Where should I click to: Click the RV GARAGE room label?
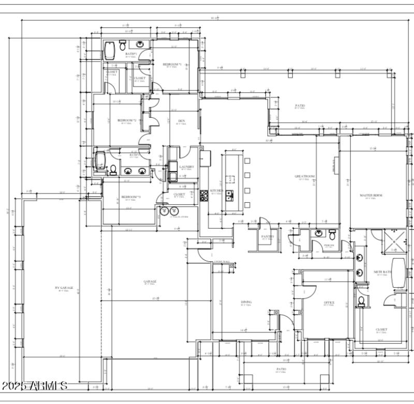click(64, 287)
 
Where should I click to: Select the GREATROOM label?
click(305, 176)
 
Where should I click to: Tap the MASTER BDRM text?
click(370, 196)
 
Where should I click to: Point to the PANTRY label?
click(268, 236)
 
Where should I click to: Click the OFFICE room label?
click(329, 302)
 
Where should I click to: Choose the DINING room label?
click(246, 302)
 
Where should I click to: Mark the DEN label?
click(182, 121)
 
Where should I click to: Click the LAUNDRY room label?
click(187, 166)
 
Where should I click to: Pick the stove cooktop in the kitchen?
click(204, 195)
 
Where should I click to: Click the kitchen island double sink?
click(229, 196)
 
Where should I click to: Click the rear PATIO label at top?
click(300, 106)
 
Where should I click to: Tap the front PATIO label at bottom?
click(280, 369)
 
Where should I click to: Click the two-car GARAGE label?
click(150, 282)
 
